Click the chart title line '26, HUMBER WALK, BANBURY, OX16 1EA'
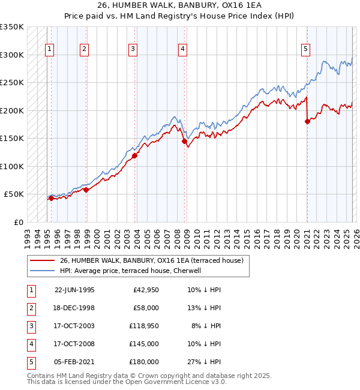pyautogui.click(x=179, y=7)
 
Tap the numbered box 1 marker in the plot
pyautogui.click(x=49, y=49)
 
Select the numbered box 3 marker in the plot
pyautogui.click(x=133, y=49)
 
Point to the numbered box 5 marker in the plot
pyautogui.click(x=305, y=49)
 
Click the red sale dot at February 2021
pyautogui.click(x=307, y=121)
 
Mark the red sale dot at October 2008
pyautogui.click(x=185, y=141)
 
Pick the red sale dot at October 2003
pyautogui.click(x=134, y=155)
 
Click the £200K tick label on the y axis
pyautogui.click(x=12, y=110)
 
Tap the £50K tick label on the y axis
pyautogui.click(x=14, y=194)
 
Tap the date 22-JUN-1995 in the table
pyautogui.click(x=74, y=290)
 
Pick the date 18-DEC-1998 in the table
pyautogui.click(x=74, y=308)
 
